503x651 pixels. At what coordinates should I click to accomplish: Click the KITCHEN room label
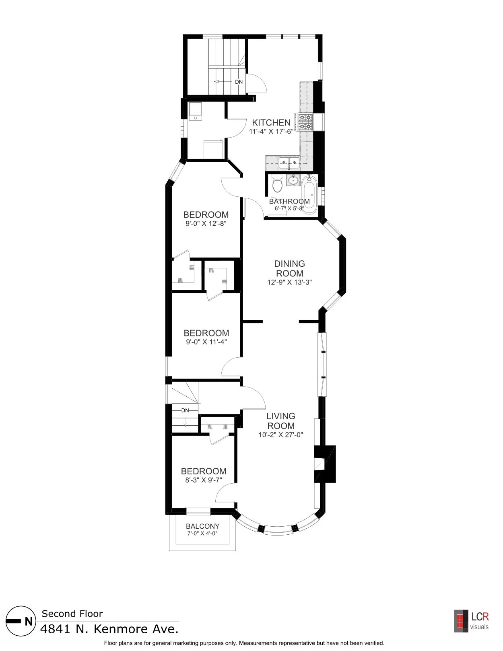coord(271,123)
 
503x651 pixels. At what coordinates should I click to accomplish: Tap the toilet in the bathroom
coord(277,185)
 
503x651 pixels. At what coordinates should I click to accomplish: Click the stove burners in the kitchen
coord(305,122)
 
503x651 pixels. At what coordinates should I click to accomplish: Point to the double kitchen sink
coord(289,163)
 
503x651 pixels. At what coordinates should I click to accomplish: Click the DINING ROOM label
coord(289,268)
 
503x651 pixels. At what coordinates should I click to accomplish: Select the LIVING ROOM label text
coord(281,421)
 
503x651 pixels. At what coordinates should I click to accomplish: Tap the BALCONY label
coord(203,526)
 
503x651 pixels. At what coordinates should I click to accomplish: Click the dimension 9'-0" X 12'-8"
coord(206,224)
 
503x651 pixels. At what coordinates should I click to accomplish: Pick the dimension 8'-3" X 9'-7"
coord(204,480)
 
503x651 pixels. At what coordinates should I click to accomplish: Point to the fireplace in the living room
coord(324,464)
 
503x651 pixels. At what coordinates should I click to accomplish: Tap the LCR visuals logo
coord(471,621)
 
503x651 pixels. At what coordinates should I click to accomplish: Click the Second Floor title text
coord(72,614)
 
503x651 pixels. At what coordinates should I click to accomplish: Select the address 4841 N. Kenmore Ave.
coord(109,629)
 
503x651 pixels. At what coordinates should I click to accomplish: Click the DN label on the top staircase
coord(239,82)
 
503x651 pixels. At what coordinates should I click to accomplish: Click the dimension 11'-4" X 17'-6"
coord(271,132)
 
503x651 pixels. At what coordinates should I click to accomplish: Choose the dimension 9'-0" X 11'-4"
coord(206,342)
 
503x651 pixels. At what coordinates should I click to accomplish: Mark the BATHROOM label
coord(289,201)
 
